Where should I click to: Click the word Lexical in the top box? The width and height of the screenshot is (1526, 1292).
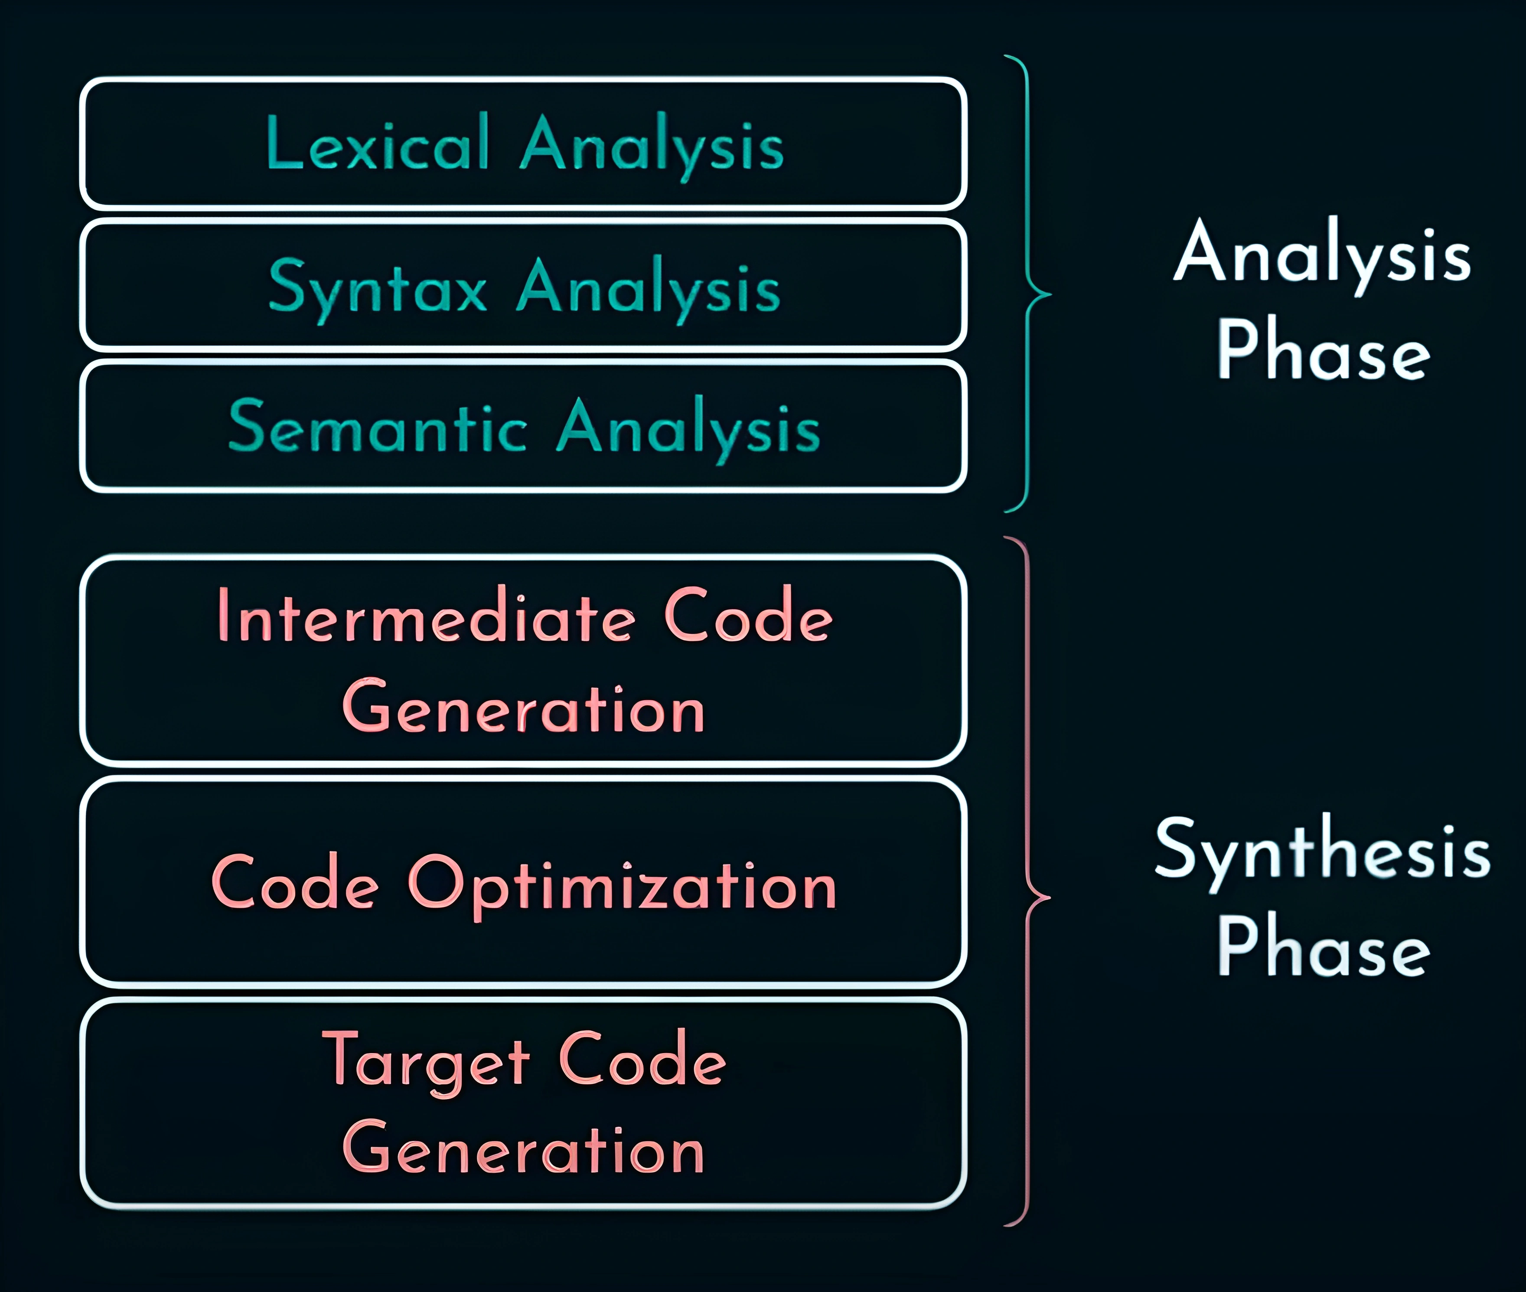click(x=377, y=142)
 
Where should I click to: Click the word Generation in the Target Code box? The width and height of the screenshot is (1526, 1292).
click(x=524, y=1148)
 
